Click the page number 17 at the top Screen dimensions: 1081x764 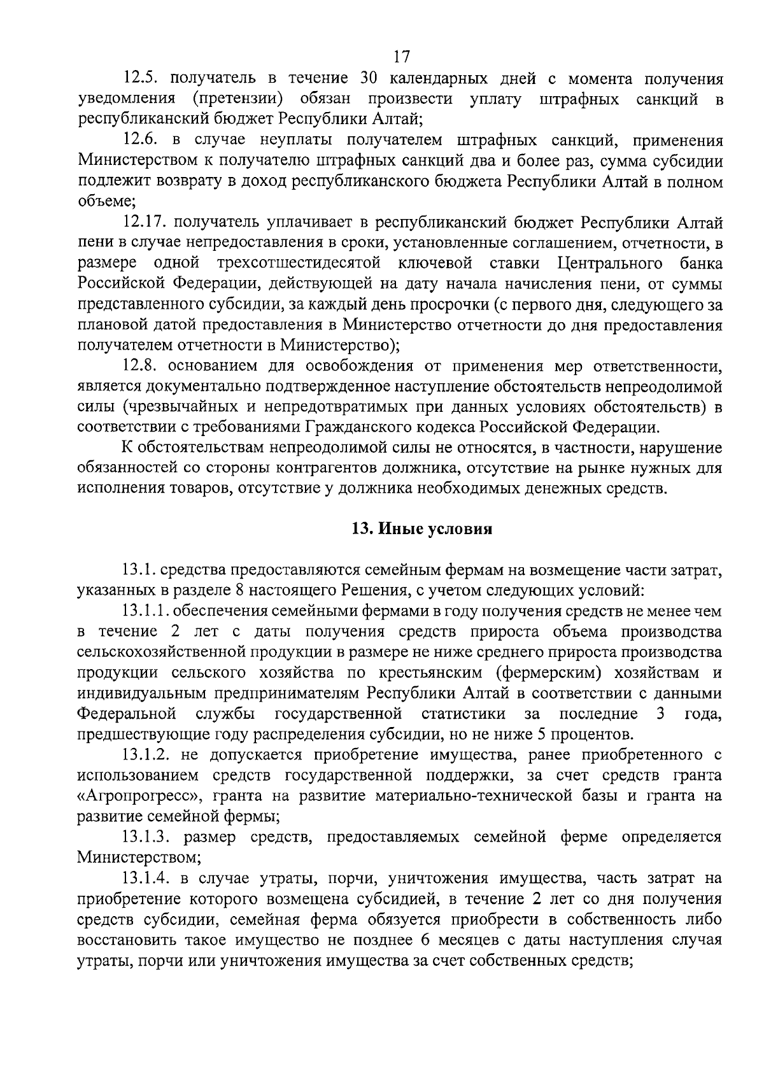[401, 57]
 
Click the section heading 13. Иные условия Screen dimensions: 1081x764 [422, 529]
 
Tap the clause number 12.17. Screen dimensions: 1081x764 [146, 223]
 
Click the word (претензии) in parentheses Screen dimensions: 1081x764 [237, 99]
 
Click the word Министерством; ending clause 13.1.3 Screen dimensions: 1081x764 [138, 857]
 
